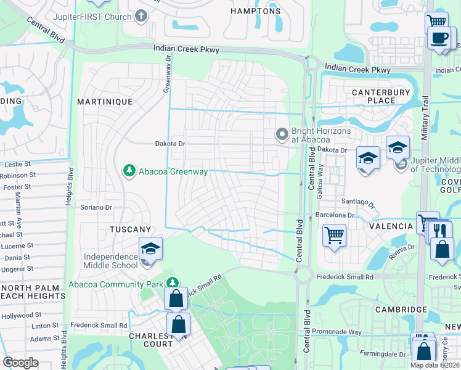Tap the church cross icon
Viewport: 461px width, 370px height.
pos(141,15)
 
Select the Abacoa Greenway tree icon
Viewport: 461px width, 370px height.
pos(129,170)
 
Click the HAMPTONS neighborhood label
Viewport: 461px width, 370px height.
pos(255,11)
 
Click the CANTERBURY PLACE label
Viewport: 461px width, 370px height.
pos(381,96)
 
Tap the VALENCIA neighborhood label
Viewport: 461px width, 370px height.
pos(391,226)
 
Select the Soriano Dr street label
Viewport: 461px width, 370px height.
pos(96,208)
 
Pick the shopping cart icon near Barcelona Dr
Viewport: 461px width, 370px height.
pos(334,234)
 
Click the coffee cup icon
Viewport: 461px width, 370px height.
pos(439,38)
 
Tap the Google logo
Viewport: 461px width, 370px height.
pos(20,363)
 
